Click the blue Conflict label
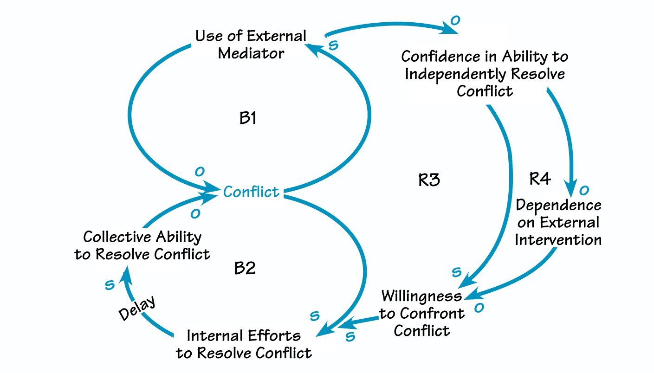pyautogui.click(x=251, y=192)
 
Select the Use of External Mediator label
pyautogui.click(x=251, y=45)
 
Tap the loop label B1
pyautogui.click(x=248, y=119)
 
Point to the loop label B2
pyautogui.click(x=245, y=268)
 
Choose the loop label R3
pyautogui.click(x=429, y=180)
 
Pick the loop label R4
pyautogui.click(x=540, y=179)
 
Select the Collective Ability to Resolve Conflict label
pyautogui.click(x=142, y=245)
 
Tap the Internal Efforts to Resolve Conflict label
pyautogui.click(x=244, y=344)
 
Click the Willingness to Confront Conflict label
pyautogui.click(x=421, y=313)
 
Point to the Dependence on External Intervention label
pyautogui.click(x=558, y=222)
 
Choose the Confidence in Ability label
pyautogui.click(x=485, y=73)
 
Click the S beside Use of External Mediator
pyautogui.click(x=333, y=45)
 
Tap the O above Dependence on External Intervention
pyautogui.click(x=584, y=190)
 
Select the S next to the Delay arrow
pyautogui.click(x=110, y=285)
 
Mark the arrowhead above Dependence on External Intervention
pyautogui.click(x=571, y=184)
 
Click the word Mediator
pyautogui.click(x=251, y=53)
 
